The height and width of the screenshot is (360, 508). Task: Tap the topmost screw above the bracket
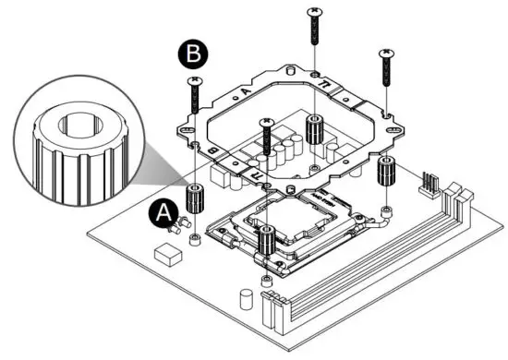[x=315, y=28]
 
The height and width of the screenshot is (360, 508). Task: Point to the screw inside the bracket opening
[x=267, y=138]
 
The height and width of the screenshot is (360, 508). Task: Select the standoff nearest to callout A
[x=195, y=198]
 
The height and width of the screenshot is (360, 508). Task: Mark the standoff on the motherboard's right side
[x=385, y=171]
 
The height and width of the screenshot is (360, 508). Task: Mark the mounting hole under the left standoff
[x=195, y=240]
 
